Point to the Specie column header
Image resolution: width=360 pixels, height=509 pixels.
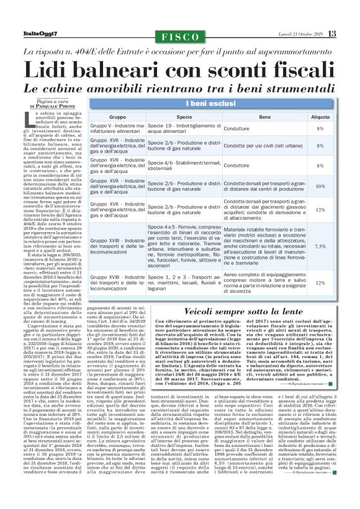184,117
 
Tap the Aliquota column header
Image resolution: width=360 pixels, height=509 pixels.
320,117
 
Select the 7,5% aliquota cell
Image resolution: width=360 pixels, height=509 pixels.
320,246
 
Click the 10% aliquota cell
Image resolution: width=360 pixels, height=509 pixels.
320,186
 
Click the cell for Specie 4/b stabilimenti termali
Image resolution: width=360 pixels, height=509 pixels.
184,166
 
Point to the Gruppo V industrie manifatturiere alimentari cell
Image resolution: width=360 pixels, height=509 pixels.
125,128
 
